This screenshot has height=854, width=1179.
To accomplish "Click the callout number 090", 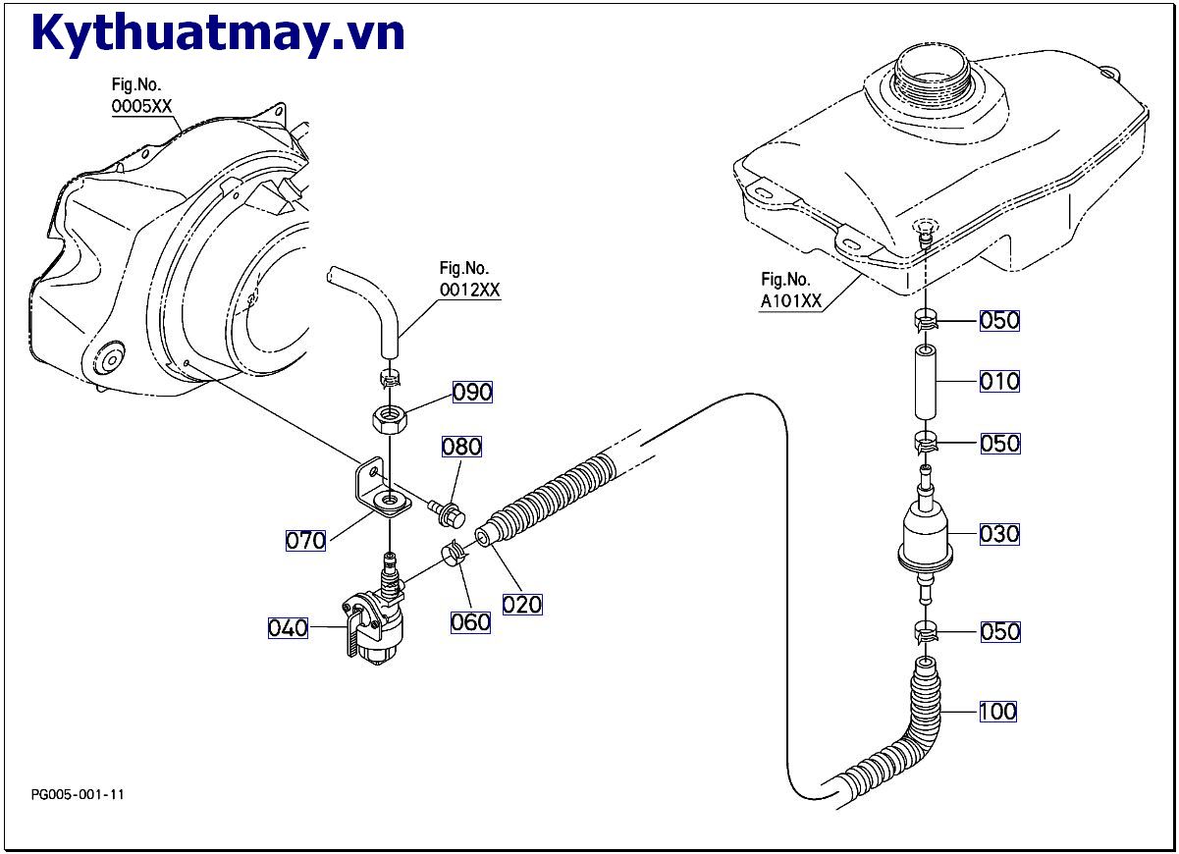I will pos(472,393).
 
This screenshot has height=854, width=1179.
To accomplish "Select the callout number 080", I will pos(461,448).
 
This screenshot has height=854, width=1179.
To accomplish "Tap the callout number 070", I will pos(305,540).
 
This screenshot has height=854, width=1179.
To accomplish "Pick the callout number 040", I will pos(289,627).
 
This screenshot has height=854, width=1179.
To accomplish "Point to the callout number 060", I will pos(470,621).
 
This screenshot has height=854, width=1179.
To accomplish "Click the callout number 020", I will pos(522,605).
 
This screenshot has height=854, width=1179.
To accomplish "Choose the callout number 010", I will pos(999,382).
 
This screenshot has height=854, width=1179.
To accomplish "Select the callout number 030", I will pos(999,535).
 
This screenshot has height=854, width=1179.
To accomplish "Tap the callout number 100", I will pos(997,711).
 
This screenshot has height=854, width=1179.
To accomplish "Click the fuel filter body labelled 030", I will pos(926,536).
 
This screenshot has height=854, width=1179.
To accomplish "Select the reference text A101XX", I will pos(791,301).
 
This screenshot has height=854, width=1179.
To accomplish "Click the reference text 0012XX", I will pos(469,290).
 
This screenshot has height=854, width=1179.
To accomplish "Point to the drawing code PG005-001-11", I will pos(79,794).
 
